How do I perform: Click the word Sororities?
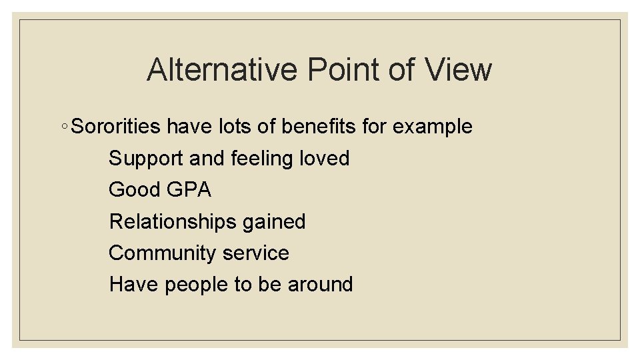pos(116,126)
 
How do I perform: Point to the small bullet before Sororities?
pos(63,127)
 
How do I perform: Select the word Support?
pos(146,159)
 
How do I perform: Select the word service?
pos(256,253)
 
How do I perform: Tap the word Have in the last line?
pos(134,284)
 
